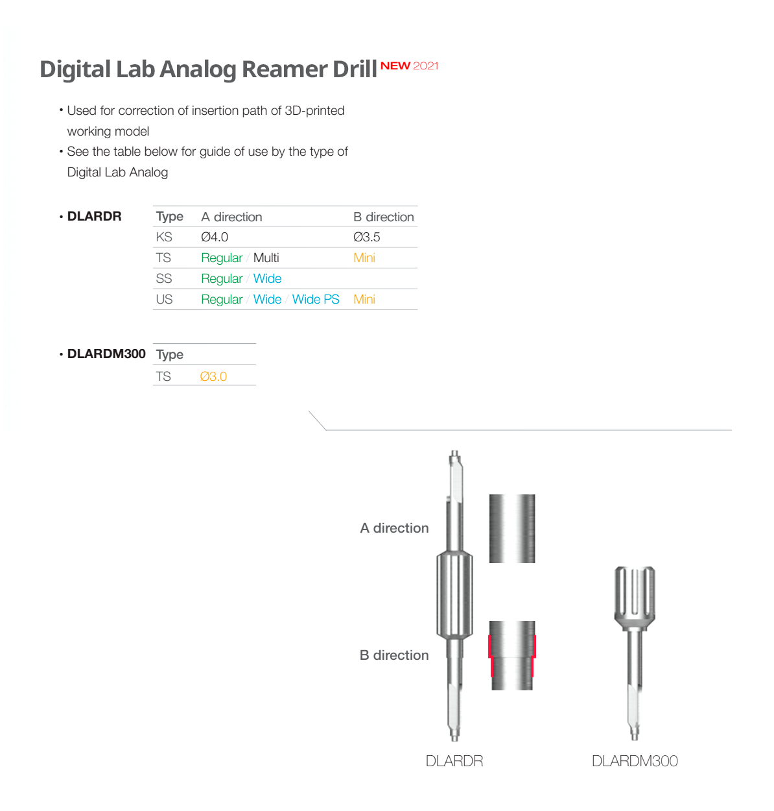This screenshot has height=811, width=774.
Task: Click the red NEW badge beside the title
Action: (x=395, y=66)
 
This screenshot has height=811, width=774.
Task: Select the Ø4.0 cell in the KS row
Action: (x=214, y=237)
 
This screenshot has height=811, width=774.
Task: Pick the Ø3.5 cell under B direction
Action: (x=366, y=237)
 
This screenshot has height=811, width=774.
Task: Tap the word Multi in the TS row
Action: (x=266, y=258)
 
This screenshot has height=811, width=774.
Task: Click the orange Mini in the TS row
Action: (x=364, y=258)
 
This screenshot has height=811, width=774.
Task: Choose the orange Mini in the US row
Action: (x=364, y=299)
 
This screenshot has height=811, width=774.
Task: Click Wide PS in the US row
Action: (x=315, y=299)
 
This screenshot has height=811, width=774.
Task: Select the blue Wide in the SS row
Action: (x=267, y=278)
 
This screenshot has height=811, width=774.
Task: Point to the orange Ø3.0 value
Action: (x=213, y=376)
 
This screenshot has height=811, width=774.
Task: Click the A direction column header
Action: (x=231, y=217)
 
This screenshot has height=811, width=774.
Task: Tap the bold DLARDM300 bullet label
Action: (x=106, y=354)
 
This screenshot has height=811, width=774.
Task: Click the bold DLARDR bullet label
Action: (x=94, y=216)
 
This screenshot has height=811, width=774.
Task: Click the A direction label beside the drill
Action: (x=394, y=527)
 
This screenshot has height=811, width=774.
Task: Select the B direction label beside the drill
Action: (x=394, y=655)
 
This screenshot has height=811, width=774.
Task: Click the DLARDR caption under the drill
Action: (x=454, y=760)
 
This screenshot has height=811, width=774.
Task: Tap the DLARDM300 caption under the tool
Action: (x=634, y=760)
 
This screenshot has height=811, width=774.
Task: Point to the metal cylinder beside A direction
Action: (x=511, y=528)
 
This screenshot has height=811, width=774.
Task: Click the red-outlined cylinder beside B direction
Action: (x=511, y=655)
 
